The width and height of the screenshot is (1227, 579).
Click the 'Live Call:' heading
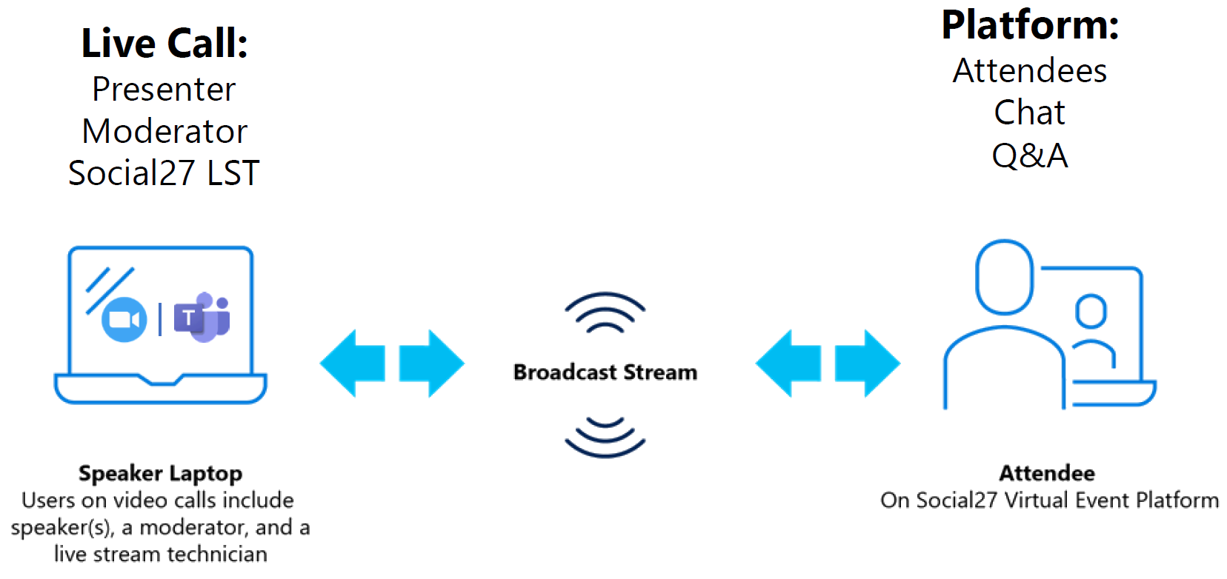click(164, 43)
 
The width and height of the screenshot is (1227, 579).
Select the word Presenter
click(164, 90)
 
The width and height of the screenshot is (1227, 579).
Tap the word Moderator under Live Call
click(164, 132)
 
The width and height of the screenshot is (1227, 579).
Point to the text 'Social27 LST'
click(164, 173)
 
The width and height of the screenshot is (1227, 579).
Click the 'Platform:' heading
click(1030, 25)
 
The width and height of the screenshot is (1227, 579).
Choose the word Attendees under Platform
click(1030, 71)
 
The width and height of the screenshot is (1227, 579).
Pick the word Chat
click(1030, 113)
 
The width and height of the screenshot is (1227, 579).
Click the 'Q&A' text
click(1030, 155)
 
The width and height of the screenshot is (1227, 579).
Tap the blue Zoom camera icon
click(124, 319)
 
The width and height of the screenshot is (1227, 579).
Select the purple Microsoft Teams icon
click(202, 317)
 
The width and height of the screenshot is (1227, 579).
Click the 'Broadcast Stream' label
click(605, 372)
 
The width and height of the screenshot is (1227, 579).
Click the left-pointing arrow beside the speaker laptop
click(353, 363)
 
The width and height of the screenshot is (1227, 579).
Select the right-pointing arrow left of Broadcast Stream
click(431, 363)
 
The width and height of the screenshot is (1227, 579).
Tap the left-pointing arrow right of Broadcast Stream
click(788, 363)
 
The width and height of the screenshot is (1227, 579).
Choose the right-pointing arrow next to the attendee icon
click(867, 363)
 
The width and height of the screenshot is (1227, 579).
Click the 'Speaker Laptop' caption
click(161, 473)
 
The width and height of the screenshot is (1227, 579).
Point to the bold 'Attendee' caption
click(1047, 473)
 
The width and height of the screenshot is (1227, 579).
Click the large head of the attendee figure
click(1005, 277)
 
